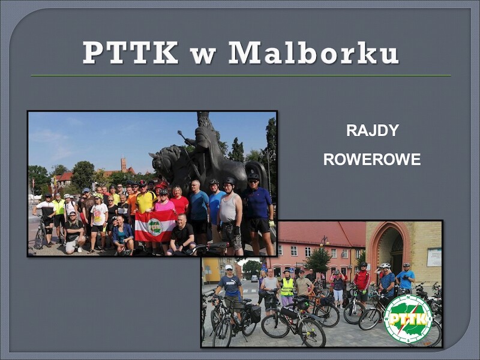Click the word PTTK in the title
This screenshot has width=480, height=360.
pos(130,52)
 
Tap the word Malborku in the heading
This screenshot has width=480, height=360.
pos(314,52)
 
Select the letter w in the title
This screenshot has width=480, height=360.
pos(203,56)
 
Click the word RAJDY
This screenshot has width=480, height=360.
pos(373,130)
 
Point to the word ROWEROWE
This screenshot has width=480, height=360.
pos(372,160)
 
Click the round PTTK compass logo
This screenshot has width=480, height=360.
pos(408,319)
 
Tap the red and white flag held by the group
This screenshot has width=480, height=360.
pos(155,226)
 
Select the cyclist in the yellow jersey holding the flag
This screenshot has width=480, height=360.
pos(145,202)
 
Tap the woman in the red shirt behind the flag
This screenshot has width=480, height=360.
pos(179,201)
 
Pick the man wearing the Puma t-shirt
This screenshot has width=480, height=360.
pos(230,287)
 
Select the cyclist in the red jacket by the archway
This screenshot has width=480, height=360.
pos(362,281)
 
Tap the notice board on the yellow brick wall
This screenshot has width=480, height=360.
pos(434,257)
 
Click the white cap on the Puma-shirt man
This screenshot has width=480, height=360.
pos(229,267)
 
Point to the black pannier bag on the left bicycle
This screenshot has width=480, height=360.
pos(255,314)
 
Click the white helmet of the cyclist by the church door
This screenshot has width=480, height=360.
pos(385,265)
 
